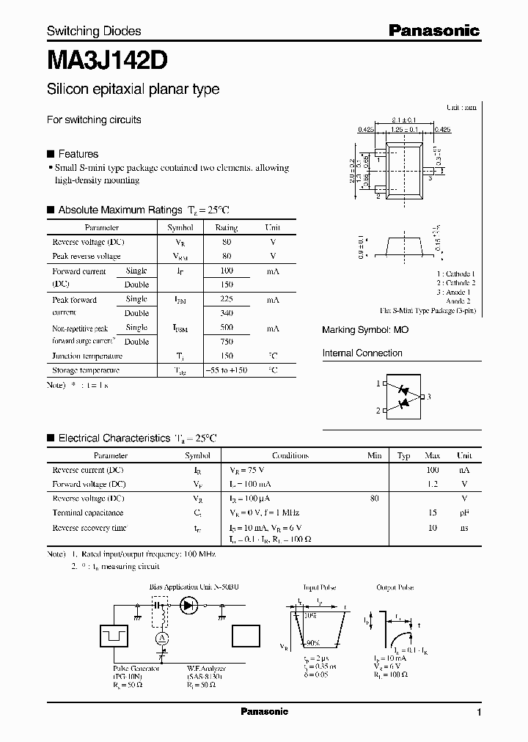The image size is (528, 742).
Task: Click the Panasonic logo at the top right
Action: (x=433, y=30)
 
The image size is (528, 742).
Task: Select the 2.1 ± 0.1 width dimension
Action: (x=404, y=120)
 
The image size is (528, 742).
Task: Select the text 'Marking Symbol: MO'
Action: (x=365, y=330)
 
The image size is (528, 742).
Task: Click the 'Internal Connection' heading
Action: (x=362, y=353)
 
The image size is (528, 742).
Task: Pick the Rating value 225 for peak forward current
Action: (x=227, y=299)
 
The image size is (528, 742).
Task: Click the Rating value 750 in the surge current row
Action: (x=227, y=342)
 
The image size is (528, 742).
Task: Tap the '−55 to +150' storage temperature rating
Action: (x=227, y=370)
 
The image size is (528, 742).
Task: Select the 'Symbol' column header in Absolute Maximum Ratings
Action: (x=180, y=228)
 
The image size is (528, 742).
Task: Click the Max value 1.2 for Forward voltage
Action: (x=433, y=484)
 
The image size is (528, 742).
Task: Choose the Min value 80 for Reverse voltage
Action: (x=375, y=499)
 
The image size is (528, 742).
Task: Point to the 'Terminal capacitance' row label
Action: (x=87, y=513)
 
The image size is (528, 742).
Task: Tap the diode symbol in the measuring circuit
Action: (x=189, y=606)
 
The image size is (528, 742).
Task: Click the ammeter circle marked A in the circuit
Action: (x=163, y=639)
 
